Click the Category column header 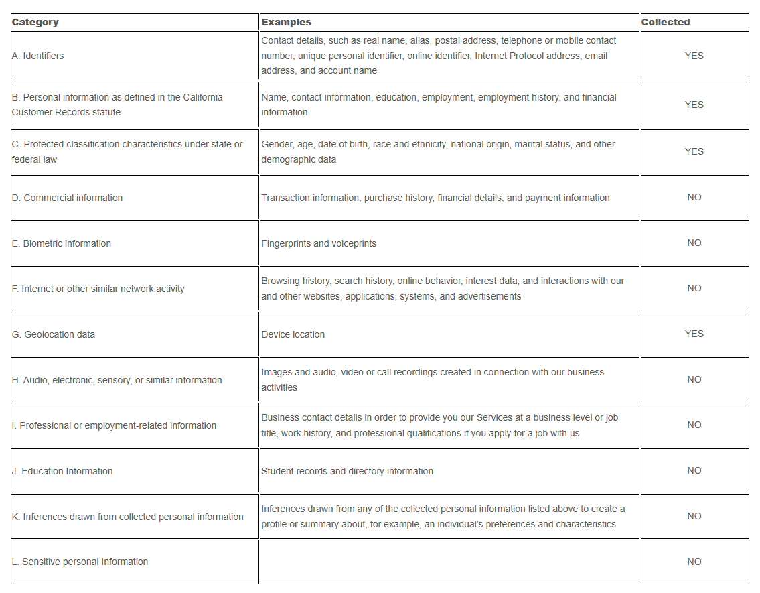click(35, 22)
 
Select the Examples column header click(286, 22)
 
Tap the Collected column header click(665, 22)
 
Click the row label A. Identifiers click(38, 56)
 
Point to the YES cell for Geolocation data click(694, 334)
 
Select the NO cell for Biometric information click(694, 243)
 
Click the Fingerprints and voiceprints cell click(319, 243)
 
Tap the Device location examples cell click(293, 334)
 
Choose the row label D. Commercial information click(67, 198)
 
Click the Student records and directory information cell click(347, 471)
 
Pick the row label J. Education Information click(62, 471)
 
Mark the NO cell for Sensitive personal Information click(694, 562)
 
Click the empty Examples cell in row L click(449, 562)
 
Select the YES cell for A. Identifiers click(694, 56)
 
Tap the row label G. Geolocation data click(54, 334)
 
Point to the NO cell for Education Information click(694, 470)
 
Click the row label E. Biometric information click(62, 243)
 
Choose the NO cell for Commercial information click(694, 197)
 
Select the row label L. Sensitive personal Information click(80, 562)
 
